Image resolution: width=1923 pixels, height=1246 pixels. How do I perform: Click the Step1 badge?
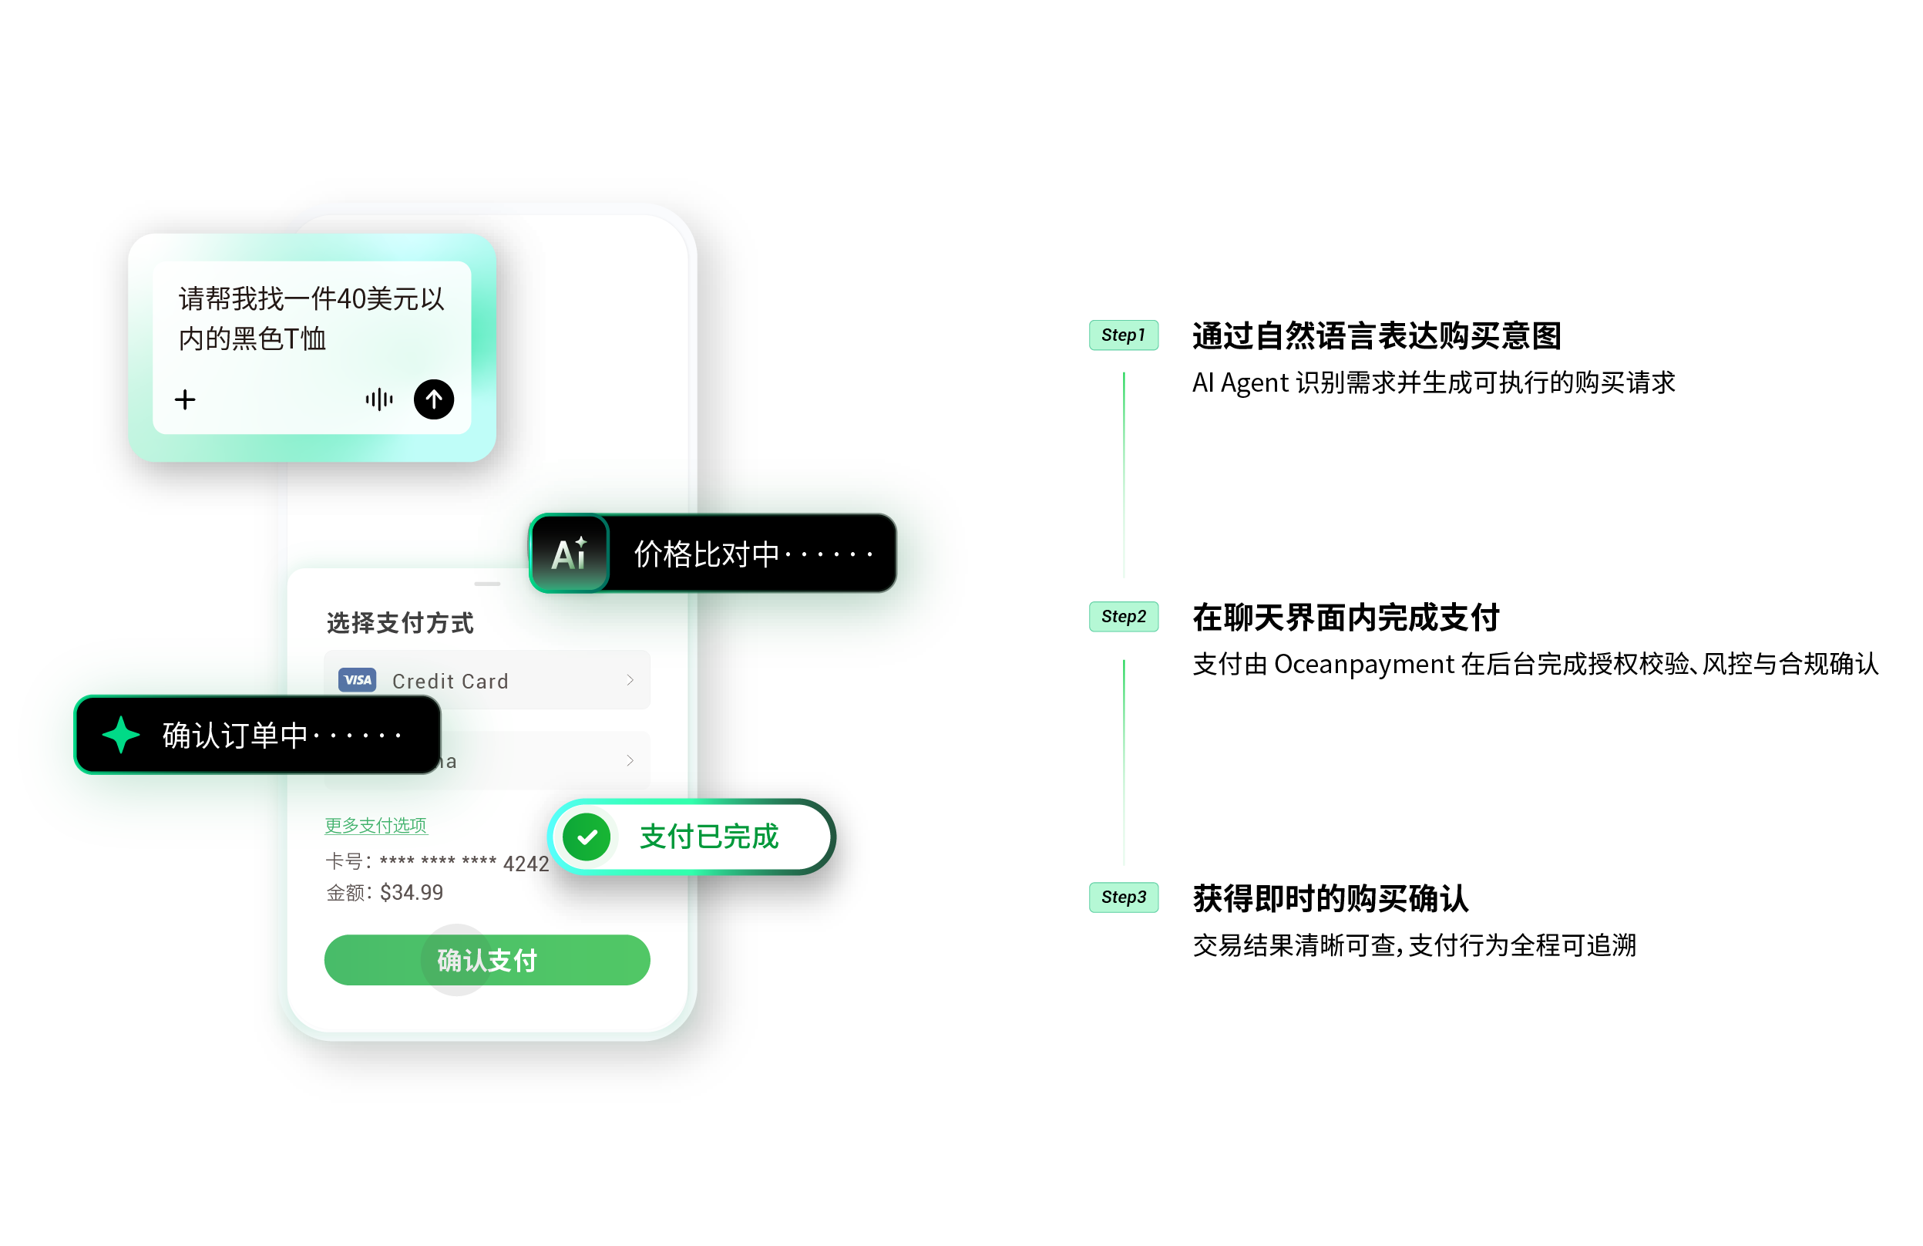(1123, 335)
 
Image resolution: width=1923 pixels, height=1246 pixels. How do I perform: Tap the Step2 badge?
(1123, 617)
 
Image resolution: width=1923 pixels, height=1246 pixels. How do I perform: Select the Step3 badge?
(1123, 897)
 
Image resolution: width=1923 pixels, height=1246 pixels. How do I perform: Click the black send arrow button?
(434, 399)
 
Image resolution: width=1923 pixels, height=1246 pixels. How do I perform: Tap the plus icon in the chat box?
(185, 399)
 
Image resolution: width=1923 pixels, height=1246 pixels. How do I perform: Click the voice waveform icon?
(379, 399)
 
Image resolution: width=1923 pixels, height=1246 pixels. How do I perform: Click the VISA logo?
(357, 680)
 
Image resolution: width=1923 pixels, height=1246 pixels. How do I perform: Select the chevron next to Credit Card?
(630, 680)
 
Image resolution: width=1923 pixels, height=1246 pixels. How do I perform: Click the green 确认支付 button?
(486, 960)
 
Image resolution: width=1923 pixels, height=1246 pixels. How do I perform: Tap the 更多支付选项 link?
(375, 825)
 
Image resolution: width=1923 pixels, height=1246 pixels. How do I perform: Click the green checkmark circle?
(587, 837)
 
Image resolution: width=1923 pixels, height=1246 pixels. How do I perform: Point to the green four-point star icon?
(121, 735)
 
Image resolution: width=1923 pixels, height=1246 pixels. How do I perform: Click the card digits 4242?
(526, 864)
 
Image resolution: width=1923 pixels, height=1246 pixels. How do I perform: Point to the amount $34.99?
(412, 892)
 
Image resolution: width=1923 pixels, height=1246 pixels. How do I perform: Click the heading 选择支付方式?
(400, 623)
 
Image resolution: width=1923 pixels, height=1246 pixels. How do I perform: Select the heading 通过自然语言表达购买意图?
(1376, 336)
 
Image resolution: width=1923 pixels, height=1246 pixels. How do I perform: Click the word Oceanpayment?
(1364, 664)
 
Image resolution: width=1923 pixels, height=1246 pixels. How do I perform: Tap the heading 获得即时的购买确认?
(1330, 898)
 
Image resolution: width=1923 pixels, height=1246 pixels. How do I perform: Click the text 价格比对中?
(706, 554)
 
